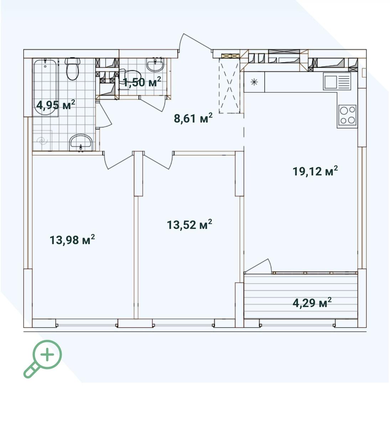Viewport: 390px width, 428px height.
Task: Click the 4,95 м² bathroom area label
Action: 56,105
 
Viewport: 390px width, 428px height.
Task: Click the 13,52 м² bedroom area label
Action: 189,225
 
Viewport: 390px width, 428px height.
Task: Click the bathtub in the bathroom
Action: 45,87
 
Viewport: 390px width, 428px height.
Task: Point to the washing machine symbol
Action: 42,141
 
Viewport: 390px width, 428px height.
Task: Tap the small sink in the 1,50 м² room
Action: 155,66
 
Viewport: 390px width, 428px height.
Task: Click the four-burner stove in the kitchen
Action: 347,115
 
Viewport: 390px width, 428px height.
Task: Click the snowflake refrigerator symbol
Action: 254,82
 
